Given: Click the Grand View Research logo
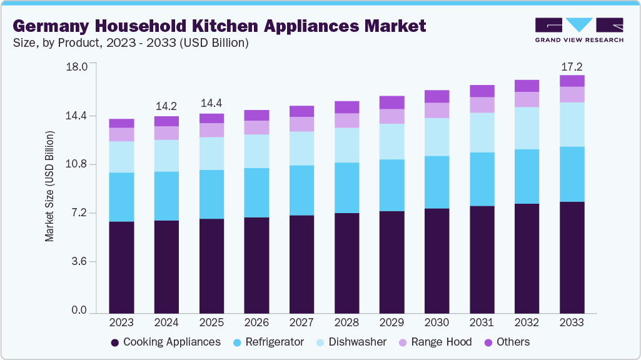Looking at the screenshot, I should click(x=578, y=30).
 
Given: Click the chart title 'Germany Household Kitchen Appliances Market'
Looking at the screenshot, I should click(x=220, y=26).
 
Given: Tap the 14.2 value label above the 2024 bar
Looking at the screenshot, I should click(x=166, y=106).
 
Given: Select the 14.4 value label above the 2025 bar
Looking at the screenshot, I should click(x=211, y=103).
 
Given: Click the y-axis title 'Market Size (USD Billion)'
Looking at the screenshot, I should click(x=49, y=187).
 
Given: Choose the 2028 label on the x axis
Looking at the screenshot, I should click(x=346, y=322).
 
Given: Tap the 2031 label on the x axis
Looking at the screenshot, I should click(x=482, y=322).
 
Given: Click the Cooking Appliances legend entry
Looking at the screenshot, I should click(x=165, y=342).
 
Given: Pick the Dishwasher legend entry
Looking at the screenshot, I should click(x=351, y=342).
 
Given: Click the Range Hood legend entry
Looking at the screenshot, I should click(x=435, y=342).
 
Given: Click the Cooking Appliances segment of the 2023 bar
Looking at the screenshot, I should click(x=121, y=267).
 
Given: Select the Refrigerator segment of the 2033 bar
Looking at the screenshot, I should click(x=572, y=174).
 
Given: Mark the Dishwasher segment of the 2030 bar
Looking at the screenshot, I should click(x=437, y=137).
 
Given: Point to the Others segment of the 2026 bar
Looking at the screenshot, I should click(x=256, y=115).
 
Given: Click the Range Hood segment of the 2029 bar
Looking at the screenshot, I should click(x=391, y=116).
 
